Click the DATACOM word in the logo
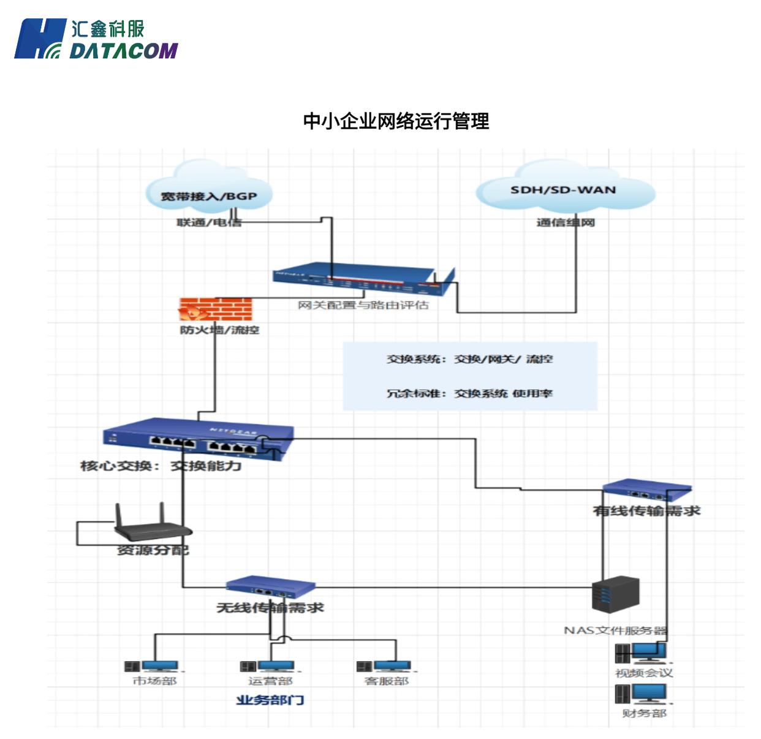tap(123, 50)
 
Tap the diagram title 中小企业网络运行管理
tap(396, 121)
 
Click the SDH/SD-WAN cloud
tap(564, 187)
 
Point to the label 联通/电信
tap(209, 222)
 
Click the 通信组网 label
tap(566, 222)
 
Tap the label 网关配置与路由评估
tap(363, 305)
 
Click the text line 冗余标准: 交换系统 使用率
tap(469, 393)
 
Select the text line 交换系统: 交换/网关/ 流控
tap(469, 359)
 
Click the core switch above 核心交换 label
tap(198, 438)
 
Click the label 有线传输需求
tap(646, 510)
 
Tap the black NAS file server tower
tap(616, 594)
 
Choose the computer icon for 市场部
tap(152, 666)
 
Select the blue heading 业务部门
tap(270, 700)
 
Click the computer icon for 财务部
tap(641, 694)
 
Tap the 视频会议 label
tap(644, 673)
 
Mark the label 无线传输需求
tap(270, 607)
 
